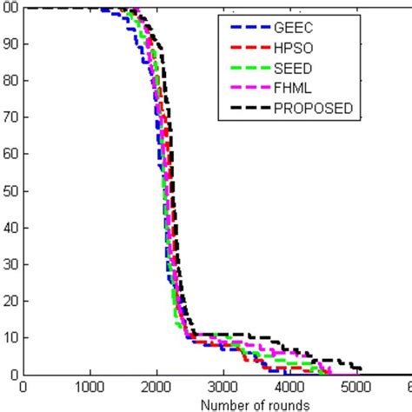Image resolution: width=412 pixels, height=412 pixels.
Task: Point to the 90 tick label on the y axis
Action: click(x=10, y=44)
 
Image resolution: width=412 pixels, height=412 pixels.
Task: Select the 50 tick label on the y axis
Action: click(x=10, y=190)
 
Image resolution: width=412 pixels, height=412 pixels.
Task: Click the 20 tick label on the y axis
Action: click(x=10, y=301)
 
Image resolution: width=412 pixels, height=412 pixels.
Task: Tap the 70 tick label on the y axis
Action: click(x=10, y=117)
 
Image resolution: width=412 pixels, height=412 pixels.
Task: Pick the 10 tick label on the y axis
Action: click(x=10, y=337)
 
